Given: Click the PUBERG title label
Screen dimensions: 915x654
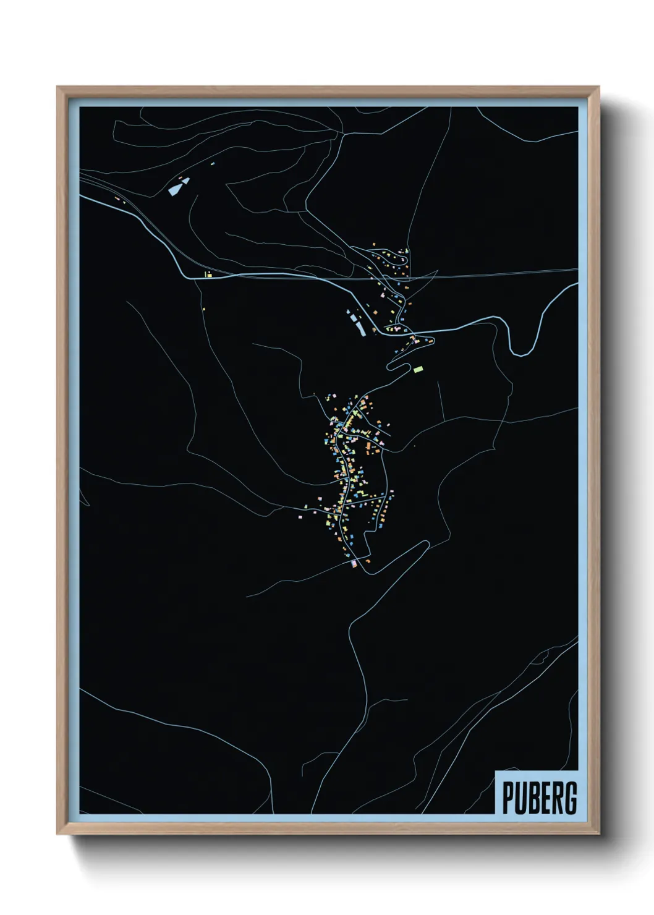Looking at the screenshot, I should coord(539,798).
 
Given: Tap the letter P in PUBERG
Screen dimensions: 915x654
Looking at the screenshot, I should coord(508,798).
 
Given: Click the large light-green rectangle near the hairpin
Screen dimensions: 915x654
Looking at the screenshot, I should coord(418,369).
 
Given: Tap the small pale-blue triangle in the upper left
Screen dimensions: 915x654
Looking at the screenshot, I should coord(184,180).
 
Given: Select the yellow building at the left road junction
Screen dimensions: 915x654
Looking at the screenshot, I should coord(208,274).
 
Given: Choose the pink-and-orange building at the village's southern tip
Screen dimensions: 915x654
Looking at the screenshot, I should coord(354,563).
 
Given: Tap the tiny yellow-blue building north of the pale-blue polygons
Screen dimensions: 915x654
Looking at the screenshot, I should coord(213,164).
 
